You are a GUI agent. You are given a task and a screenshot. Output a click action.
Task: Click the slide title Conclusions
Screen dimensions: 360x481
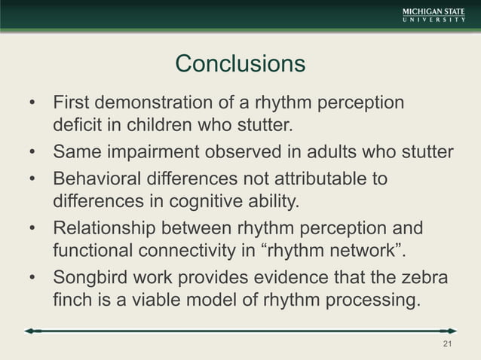240,64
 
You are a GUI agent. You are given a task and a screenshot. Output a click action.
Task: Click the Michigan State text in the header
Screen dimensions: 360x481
433,11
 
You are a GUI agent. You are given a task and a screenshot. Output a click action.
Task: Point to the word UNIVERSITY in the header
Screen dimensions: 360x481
433,21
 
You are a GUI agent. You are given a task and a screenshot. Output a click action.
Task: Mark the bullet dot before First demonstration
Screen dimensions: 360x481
32,102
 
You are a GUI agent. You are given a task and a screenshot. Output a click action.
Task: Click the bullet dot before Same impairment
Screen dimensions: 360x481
32,153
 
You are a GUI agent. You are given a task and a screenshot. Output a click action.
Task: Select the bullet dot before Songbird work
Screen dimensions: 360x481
32,278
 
